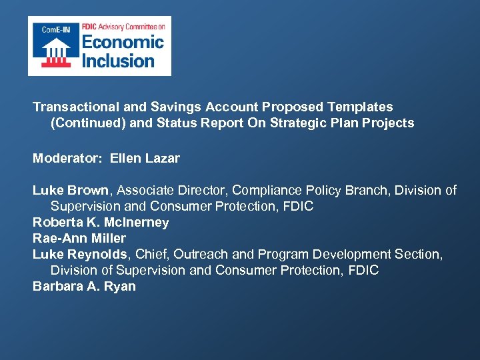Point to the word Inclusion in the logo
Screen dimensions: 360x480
pyautogui.click(x=118, y=61)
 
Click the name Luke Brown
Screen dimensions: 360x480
pyautogui.click(x=70, y=191)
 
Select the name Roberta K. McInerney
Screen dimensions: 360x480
pyautogui.click(x=101, y=223)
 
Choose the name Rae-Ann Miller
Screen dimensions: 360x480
pyautogui.click(x=79, y=239)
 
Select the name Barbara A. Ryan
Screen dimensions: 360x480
pyautogui.click(x=84, y=287)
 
